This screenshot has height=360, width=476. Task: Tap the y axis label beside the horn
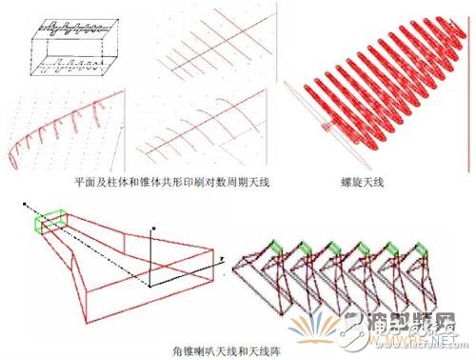point(220,258)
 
